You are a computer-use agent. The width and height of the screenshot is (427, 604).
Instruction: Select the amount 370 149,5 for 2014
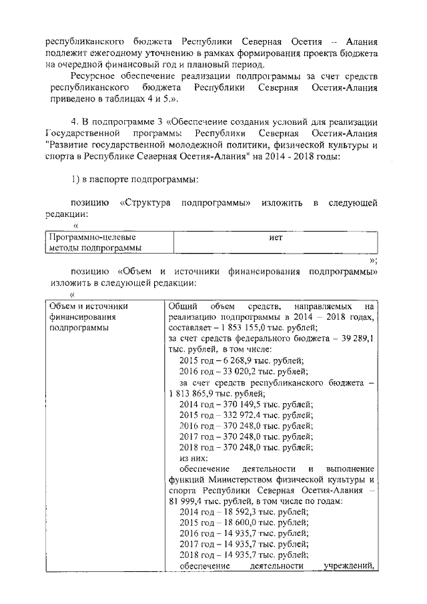click(x=239, y=404)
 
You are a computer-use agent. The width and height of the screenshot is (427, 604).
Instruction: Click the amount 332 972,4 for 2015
click(x=239, y=415)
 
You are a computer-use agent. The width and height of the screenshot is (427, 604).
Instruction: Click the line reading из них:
click(x=195, y=459)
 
